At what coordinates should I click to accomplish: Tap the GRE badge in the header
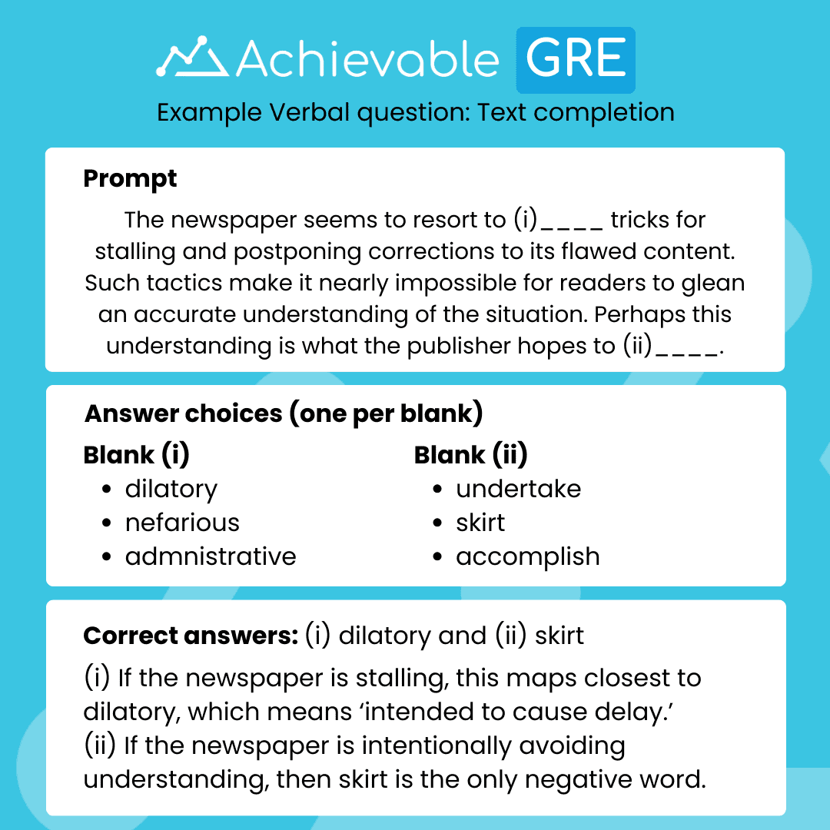tap(576, 59)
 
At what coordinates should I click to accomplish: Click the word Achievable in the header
tap(368, 59)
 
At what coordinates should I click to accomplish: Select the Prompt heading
tap(130, 178)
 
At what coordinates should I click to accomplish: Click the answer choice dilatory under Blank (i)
tap(171, 490)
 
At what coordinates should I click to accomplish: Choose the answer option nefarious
tap(182, 523)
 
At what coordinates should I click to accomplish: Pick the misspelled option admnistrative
tap(211, 556)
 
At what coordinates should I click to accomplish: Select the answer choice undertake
tap(518, 490)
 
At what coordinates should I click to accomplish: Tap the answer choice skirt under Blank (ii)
tap(480, 523)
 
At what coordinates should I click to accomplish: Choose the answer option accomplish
tap(527, 556)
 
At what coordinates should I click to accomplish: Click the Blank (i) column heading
tap(136, 455)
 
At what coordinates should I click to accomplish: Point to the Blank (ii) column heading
tap(470, 455)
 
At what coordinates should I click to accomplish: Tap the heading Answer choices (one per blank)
tap(284, 413)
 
